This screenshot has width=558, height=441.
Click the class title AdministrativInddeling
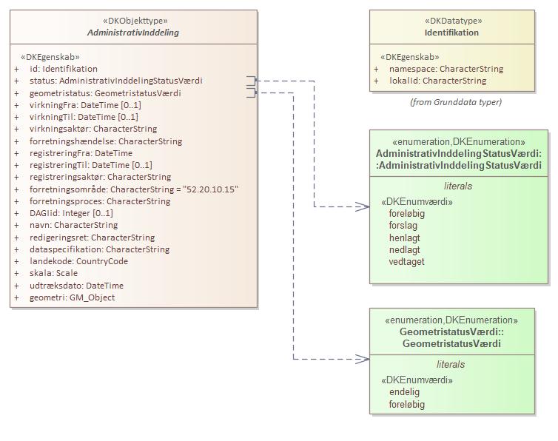point(133,33)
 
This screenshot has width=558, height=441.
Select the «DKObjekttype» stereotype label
point(133,21)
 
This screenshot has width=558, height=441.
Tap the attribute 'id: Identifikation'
point(63,69)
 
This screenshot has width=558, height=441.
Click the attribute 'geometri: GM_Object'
point(72,297)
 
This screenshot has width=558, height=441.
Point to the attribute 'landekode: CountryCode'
point(78,261)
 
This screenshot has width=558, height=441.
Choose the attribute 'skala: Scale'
point(53,273)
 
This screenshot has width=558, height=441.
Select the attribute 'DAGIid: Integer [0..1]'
point(71,213)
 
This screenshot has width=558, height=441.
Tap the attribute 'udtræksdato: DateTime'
point(76,286)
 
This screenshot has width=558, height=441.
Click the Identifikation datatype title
point(451,33)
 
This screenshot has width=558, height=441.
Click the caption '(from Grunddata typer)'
point(455,102)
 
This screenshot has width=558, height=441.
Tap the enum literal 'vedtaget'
point(406,262)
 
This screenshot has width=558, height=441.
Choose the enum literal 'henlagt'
point(404,238)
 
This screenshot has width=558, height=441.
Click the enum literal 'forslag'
point(403,226)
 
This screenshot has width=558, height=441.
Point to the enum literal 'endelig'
point(404,392)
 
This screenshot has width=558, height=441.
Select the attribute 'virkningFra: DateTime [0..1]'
point(85,105)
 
